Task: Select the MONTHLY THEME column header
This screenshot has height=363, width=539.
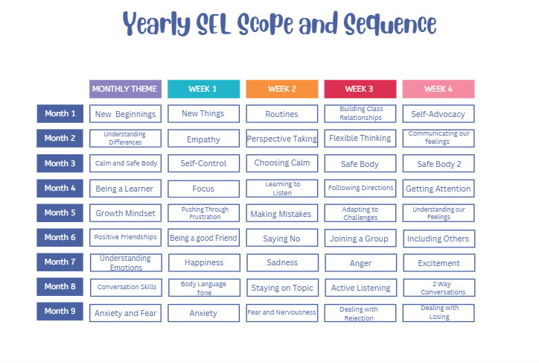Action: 125,89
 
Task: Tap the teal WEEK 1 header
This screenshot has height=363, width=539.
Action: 203,89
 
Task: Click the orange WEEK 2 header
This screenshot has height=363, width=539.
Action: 282,89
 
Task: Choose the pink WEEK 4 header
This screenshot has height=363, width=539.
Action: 438,89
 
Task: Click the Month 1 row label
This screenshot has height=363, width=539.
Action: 60,114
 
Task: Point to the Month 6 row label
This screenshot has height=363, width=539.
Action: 60,238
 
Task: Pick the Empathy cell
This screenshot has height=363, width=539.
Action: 203,139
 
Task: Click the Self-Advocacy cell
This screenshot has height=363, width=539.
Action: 438,114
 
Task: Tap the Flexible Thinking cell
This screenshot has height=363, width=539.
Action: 360,139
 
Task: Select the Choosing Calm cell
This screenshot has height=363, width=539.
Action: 282,163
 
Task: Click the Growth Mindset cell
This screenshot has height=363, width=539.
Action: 125,213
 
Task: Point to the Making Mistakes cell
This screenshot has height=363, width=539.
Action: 282,214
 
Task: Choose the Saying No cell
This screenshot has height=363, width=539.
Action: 282,239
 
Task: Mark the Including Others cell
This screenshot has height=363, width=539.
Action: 438,239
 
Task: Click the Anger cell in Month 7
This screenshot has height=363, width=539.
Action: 360,263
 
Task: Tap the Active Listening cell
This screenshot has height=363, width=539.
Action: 360,288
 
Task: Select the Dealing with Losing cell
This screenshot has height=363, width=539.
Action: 438,312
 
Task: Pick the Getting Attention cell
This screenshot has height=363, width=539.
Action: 438,189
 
